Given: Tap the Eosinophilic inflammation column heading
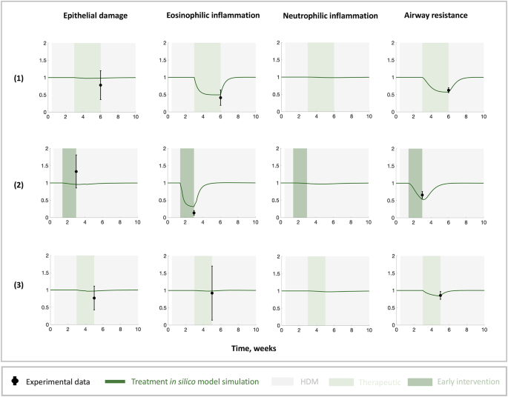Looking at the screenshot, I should coord(210,14).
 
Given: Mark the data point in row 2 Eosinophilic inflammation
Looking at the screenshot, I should coord(194,213).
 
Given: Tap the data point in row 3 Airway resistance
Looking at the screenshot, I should coord(440,295).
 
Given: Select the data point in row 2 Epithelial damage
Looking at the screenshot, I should coord(76,172).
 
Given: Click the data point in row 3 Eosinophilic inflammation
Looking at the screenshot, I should coord(212,293).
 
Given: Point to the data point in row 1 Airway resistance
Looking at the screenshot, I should coord(449,90).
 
